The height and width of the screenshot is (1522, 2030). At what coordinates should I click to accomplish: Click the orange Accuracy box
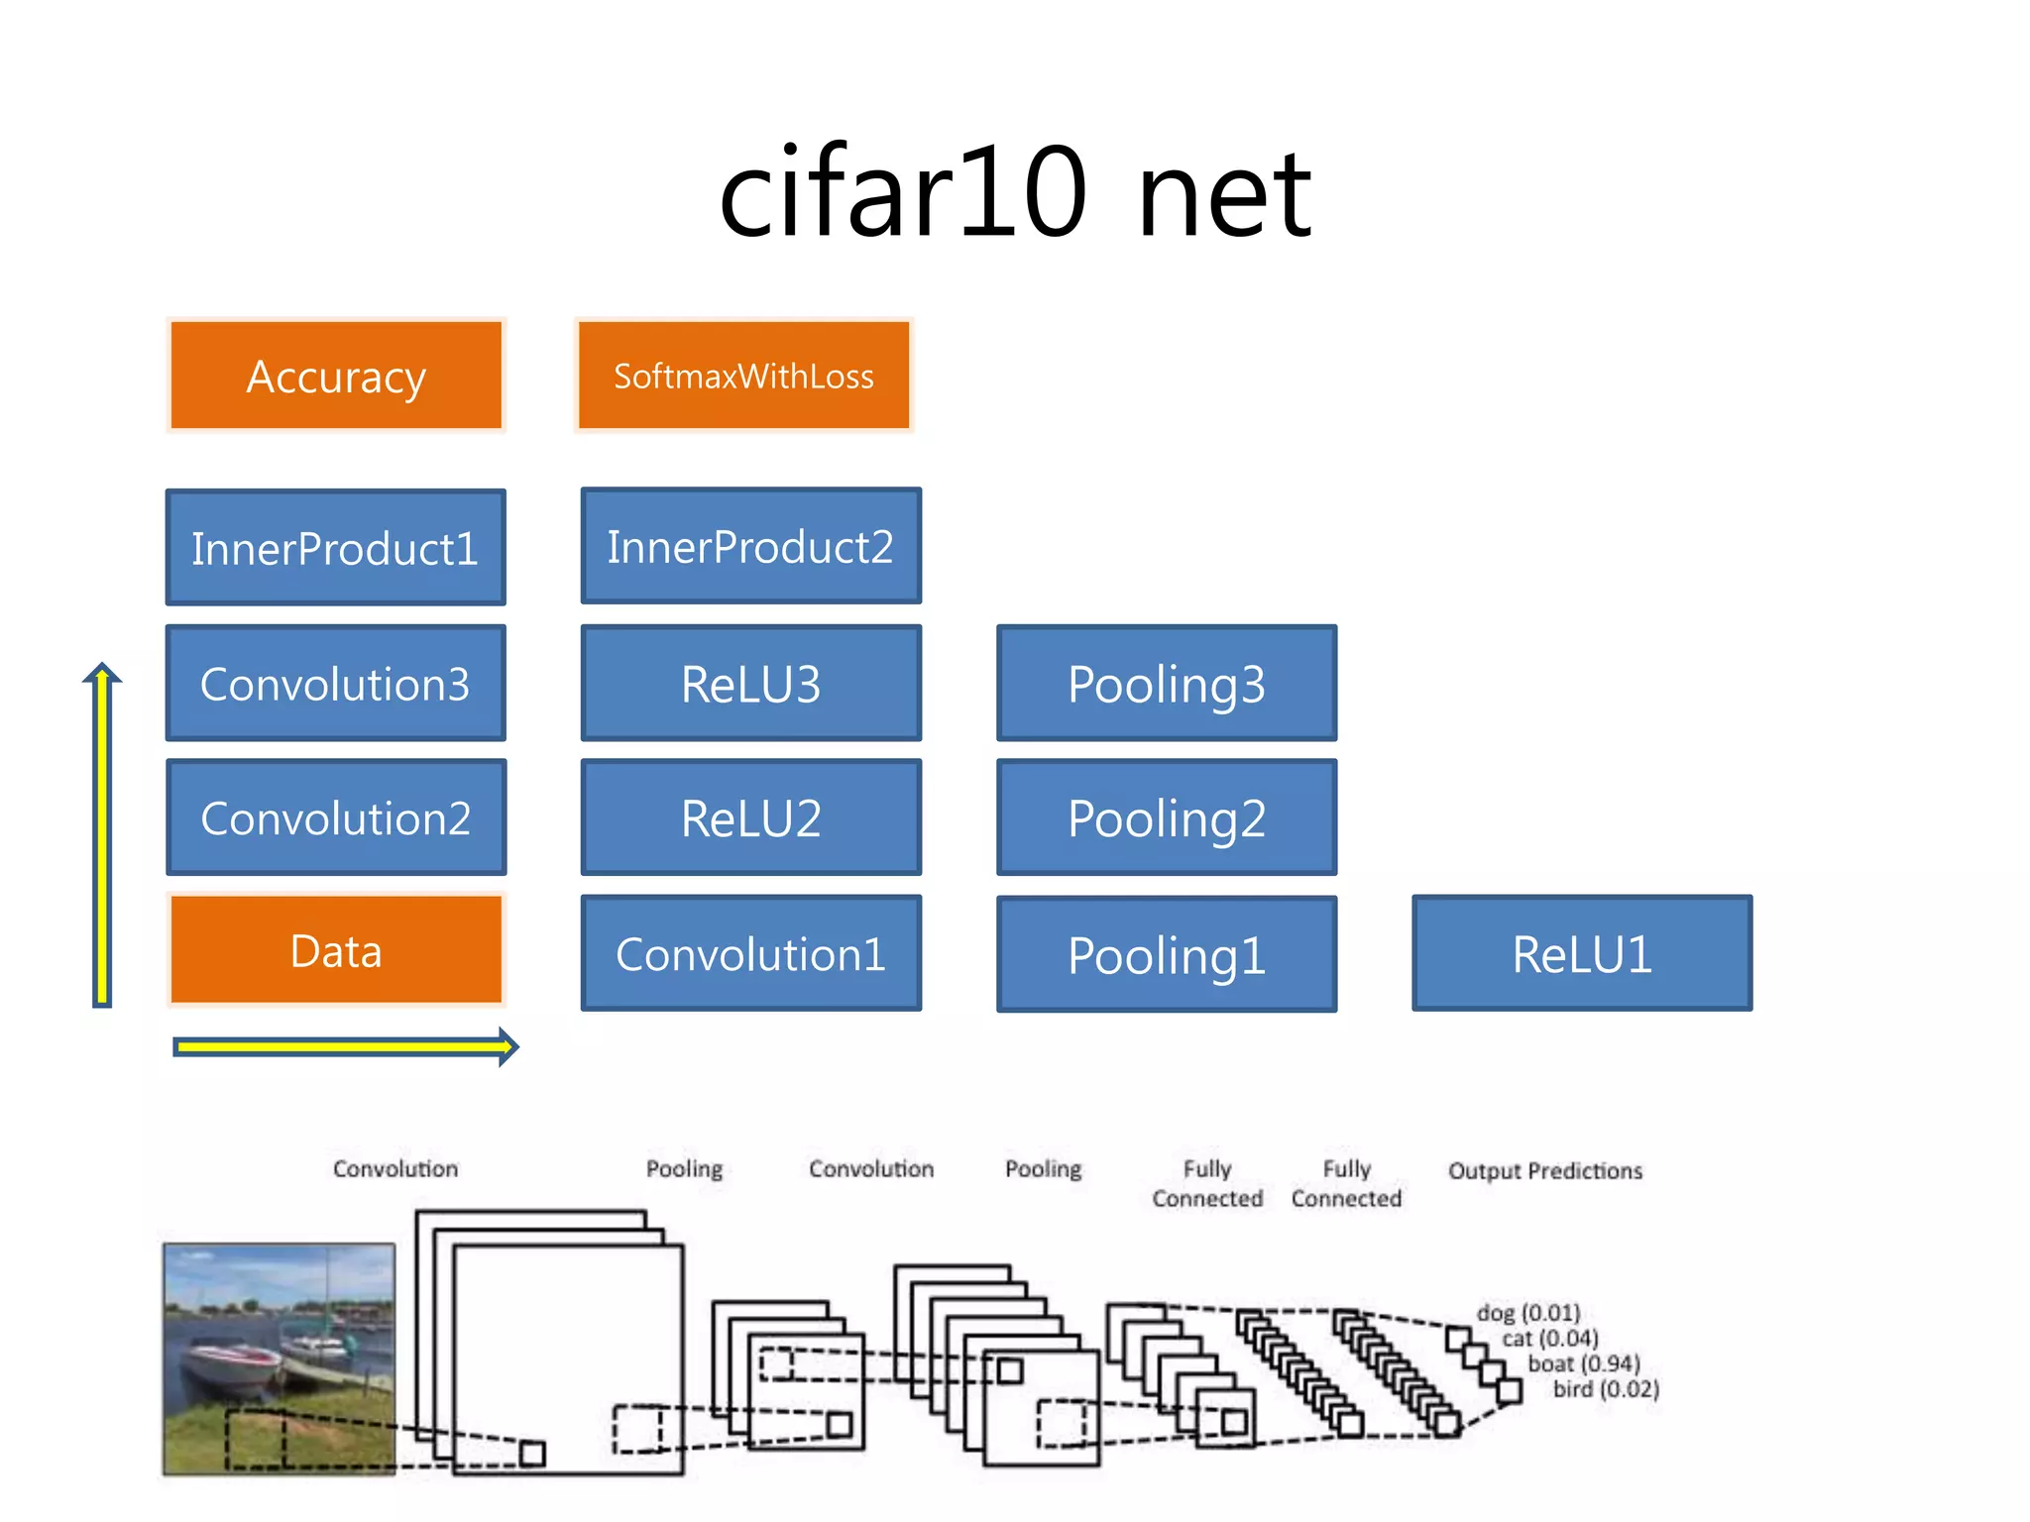click(336, 376)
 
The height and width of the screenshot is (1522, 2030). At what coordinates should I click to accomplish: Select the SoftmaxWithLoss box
click(743, 376)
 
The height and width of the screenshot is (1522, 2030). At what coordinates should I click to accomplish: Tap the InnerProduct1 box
click(335, 548)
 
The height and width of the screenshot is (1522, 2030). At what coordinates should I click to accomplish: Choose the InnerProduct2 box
click(750, 546)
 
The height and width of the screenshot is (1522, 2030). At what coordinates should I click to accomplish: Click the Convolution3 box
click(335, 683)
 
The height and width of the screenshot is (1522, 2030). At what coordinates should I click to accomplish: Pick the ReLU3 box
click(750, 683)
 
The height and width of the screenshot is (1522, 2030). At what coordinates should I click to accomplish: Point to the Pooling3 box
click(1167, 683)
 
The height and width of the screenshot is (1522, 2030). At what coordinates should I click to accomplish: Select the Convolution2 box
click(335, 817)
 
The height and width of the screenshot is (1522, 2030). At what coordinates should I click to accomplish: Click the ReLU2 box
click(750, 817)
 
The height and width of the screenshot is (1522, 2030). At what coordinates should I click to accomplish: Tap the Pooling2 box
click(1167, 817)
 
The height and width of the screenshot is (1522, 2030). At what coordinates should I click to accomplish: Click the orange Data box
click(336, 950)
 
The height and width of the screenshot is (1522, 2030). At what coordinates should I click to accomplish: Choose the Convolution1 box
click(750, 953)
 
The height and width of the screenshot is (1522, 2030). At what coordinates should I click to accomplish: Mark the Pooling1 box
click(1167, 954)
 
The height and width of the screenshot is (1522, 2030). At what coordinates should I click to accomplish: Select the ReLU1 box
click(1582, 953)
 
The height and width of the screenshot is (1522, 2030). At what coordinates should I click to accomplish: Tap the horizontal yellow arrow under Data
click(342, 1047)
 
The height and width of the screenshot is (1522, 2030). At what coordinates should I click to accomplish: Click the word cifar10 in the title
click(902, 193)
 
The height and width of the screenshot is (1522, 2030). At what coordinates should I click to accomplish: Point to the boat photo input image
click(279, 1359)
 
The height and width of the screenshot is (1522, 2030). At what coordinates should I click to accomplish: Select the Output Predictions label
click(1544, 1171)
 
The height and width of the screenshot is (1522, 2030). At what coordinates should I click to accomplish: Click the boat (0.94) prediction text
click(1583, 1363)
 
